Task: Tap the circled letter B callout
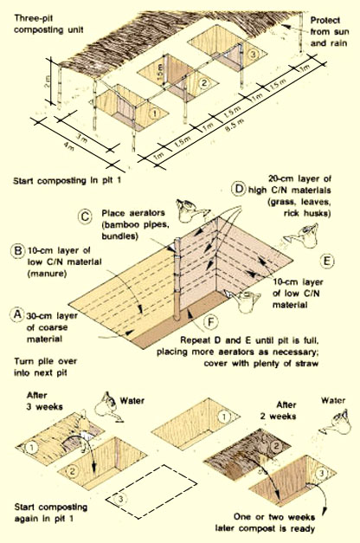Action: point(17,250)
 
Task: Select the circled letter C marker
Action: point(85,217)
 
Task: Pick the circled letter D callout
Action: point(238,190)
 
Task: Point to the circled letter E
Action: point(327,261)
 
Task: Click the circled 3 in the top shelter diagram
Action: point(254,55)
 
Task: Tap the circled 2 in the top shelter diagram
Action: point(204,83)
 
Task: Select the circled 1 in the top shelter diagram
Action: point(154,113)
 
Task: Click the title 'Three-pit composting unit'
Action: point(48,24)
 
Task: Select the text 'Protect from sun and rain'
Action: point(330,31)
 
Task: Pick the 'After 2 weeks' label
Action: point(278,410)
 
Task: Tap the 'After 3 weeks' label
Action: point(44,401)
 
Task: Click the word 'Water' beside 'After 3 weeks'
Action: point(132,401)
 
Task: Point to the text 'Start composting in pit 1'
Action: point(67,181)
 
